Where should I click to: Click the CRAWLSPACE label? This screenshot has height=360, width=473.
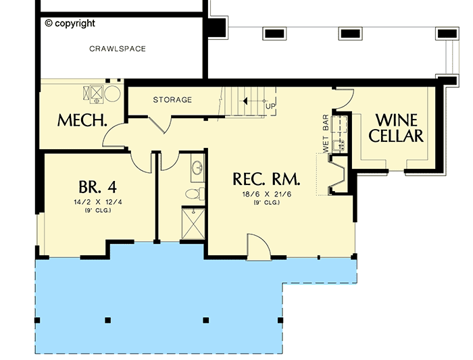[118, 49]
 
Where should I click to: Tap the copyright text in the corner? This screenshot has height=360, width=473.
[70, 23]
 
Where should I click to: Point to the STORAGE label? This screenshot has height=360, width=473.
[172, 100]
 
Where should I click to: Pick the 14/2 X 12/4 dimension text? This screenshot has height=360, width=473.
[95, 201]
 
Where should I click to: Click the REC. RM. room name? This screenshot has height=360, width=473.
[266, 179]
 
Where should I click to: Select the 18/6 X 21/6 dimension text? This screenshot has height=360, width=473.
[266, 194]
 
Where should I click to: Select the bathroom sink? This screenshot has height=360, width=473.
[197, 168]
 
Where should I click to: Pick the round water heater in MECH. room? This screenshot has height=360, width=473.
[113, 93]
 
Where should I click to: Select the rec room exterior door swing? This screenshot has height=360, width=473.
[259, 245]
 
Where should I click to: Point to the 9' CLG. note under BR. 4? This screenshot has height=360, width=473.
[95, 210]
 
